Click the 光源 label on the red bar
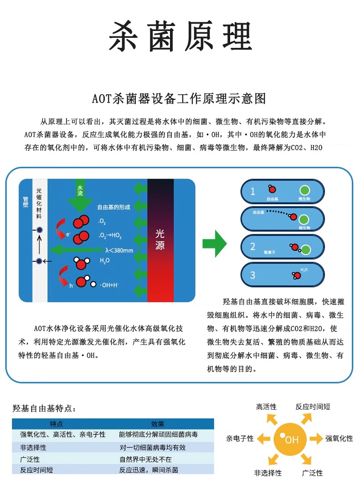160,239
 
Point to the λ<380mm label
119,250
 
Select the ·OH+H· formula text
109,285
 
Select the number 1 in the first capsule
253,191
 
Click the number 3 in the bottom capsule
253,275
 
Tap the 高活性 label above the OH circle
266,407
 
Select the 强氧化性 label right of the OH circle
339,439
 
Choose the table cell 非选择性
33,448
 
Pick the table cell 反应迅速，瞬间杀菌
149,470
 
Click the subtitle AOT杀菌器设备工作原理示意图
179,98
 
